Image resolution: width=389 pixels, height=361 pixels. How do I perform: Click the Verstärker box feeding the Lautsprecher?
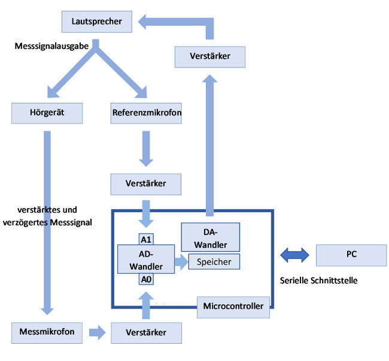coord(211,58)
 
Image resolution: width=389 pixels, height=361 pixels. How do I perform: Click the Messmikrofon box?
coord(47,331)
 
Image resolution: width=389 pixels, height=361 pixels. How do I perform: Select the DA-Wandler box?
coord(211,237)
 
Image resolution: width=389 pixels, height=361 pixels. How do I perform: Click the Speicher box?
coord(214,261)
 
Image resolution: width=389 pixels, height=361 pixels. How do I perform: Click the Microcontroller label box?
coord(233,307)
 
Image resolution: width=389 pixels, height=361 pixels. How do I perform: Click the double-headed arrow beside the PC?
coord(294,255)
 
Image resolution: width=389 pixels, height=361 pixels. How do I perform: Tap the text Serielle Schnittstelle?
coord(318,280)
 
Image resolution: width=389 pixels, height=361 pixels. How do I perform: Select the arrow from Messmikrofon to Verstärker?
coord(96,332)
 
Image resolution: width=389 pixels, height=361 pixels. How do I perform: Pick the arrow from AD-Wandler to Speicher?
coord(181,261)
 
